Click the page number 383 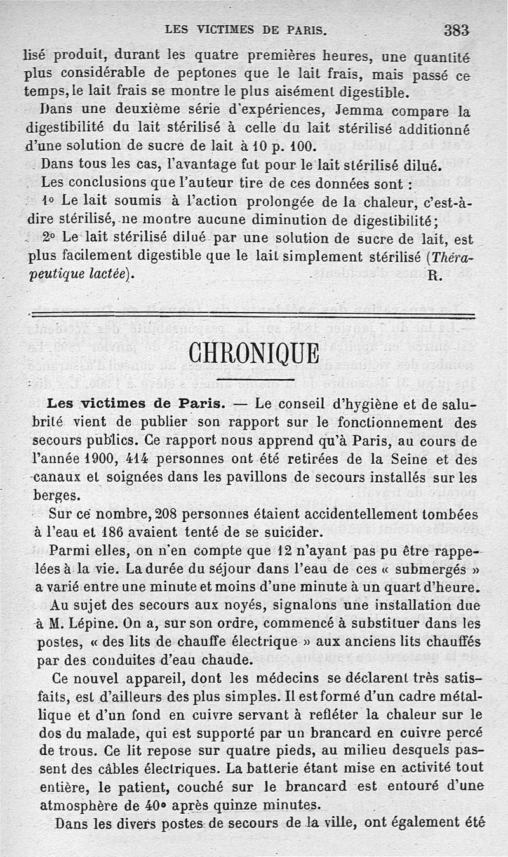[x=456, y=29]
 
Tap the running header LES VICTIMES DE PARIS [x=246, y=29]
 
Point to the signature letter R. [x=434, y=275]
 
